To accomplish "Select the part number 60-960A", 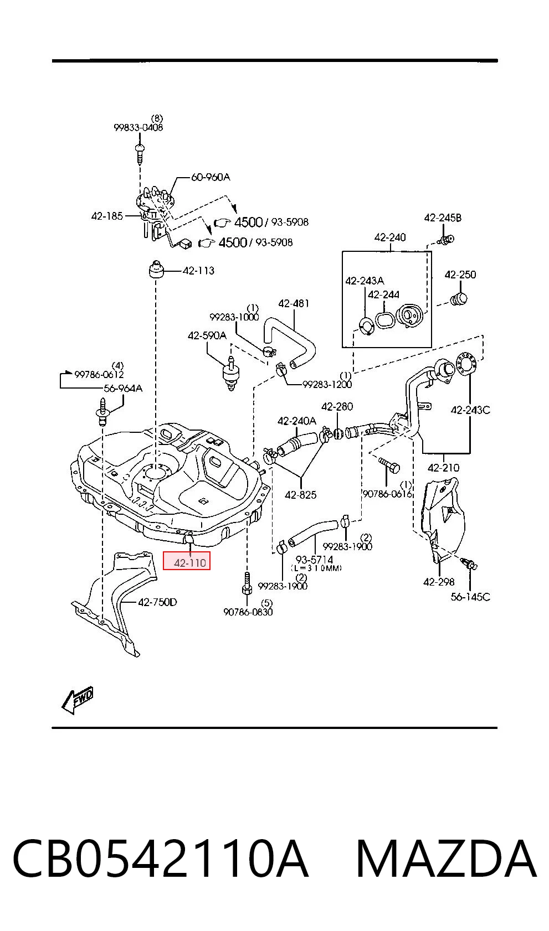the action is click(x=211, y=177).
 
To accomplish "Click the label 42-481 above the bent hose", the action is click(x=294, y=303).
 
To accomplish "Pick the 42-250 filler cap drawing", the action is click(x=459, y=298).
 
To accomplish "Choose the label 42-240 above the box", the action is click(x=390, y=237).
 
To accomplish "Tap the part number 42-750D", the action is click(x=158, y=602).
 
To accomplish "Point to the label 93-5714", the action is click(x=315, y=560).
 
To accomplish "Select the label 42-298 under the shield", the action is click(x=439, y=582).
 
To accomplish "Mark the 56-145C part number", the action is click(x=470, y=597).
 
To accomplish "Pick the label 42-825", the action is click(x=301, y=495).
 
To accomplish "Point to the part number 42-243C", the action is click(x=470, y=410).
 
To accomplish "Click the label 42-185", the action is click(x=107, y=216).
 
